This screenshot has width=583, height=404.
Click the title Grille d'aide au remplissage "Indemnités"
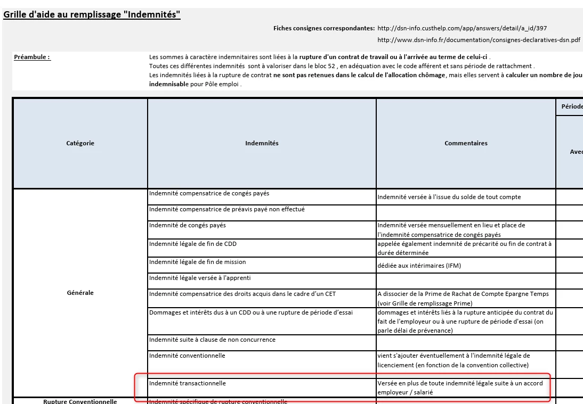pyautogui.click(x=92, y=15)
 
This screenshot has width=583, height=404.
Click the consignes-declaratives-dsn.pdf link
pyautogui.click(x=479, y=40)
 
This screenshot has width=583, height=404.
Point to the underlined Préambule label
pyautogui.click(x=33, y=57)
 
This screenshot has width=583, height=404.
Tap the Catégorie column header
pyautogui.click(x=80, y=143)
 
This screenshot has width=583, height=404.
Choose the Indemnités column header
pyautogui.click(x=262, y=143)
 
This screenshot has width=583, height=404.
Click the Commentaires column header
pyautogui.click(x=466, y=143)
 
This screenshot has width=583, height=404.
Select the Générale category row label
pyautogui.click(x=80, y=293)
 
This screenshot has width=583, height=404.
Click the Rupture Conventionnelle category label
pyautogui.click(x=80, y=401)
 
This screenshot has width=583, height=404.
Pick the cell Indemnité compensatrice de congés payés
pyautogui.click(x=209, y=194)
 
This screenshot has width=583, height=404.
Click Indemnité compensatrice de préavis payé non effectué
pyautogui.click(x=227, y=210)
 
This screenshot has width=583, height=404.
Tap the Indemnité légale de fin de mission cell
pyautogui.click(x=198, y=262)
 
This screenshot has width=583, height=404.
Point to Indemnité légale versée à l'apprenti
pyautogui.click(x=200, y=278)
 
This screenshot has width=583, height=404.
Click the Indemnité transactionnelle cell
pyautogui.click(x=188, y=383)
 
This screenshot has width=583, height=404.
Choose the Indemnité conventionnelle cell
pyautogui.click(x=187, y=356)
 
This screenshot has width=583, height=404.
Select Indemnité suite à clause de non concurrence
pyautogui.click(x=212, y=340)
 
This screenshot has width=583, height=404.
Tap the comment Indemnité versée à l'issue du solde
pyautogui.click(x=449, y=197)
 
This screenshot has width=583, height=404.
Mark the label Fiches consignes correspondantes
pyautogui.click(x=324, y=28)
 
